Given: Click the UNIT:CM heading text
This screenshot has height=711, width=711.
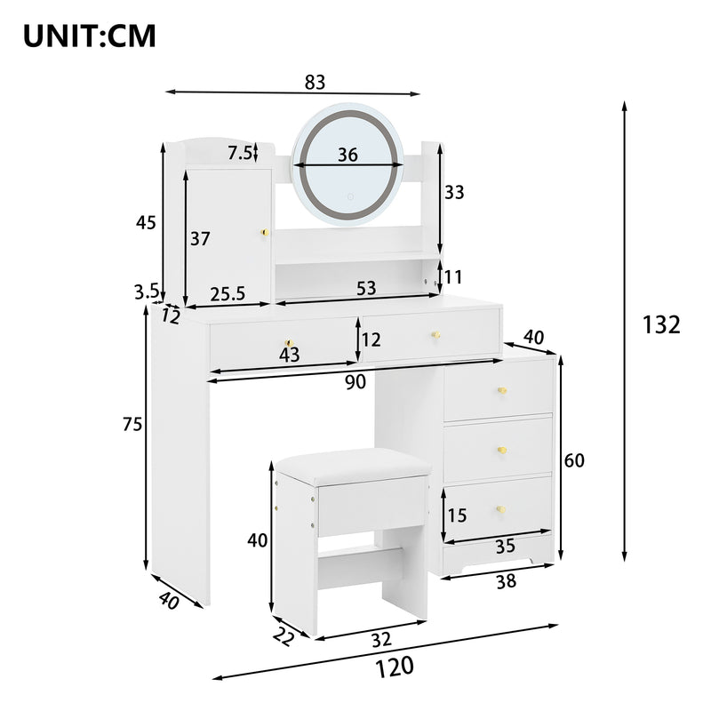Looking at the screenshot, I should tap(89, 36).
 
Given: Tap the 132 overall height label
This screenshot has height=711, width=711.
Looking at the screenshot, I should tap(661, 325).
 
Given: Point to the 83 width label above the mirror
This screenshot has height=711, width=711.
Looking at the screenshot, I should tap(315, 83).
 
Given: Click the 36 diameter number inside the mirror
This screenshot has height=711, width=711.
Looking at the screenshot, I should tap(348, 156).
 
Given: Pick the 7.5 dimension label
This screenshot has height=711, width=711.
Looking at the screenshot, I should tap(240, 153).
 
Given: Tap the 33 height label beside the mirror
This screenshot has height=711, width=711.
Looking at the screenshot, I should tap(455, 192).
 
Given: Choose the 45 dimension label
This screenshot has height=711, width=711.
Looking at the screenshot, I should tap(146, 223).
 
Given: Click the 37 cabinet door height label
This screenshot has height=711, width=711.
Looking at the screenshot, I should tap(200, 238).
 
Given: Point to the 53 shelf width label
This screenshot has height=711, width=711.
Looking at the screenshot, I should tap(366, 289).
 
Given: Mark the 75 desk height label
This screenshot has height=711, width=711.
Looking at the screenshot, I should tap(132, 426).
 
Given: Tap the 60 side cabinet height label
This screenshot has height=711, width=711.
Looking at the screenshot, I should tap(574, 460).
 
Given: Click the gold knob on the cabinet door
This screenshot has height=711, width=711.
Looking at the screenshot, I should tap(263, 233).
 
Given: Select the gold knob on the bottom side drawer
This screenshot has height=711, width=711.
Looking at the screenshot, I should tap(502, 509).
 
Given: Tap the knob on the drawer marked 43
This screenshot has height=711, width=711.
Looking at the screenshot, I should tap(288, 343).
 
